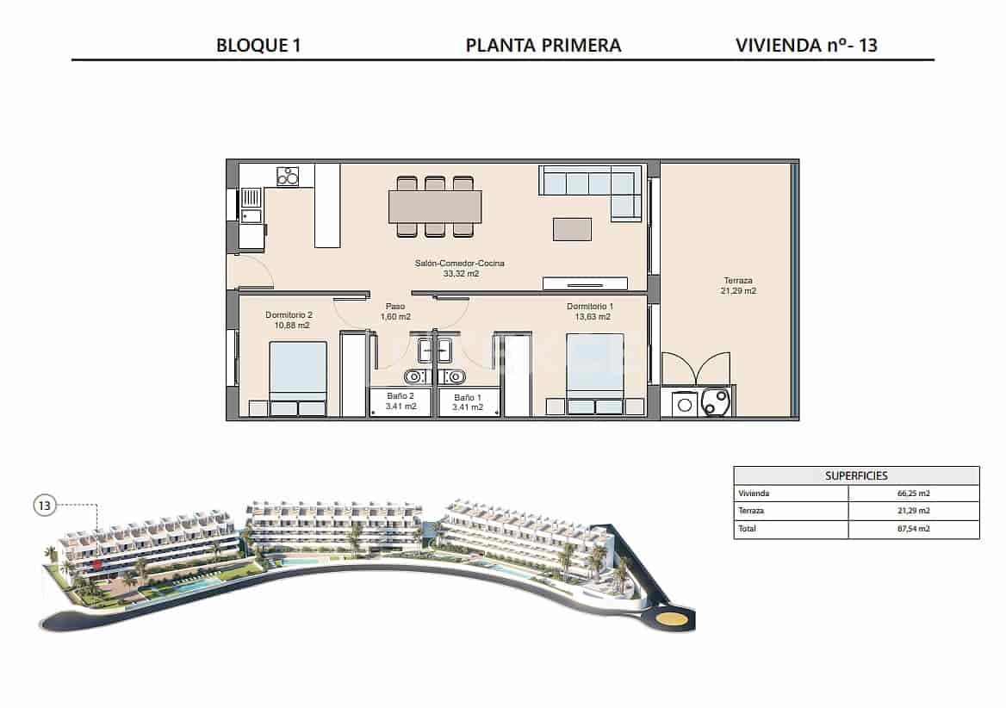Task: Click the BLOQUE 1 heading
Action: pyautogui.click(x=258, y=45)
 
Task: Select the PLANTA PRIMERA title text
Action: pyautogui.click(x=543, y=45)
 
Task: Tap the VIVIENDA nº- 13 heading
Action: pyautogui.click(x=806, y=45)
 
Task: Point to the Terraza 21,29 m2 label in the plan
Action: pyautogui.click(x=738, y=286)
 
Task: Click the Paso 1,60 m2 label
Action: pyautogui.click(x=395, y=311)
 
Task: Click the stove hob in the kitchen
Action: pyautogui.click(x=288, y=176)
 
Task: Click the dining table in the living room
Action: pyautogui.click(x=435, y=207)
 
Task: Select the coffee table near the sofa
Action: pyautogui.click(x=573, y=228)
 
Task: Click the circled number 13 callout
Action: pyautogui.click(x=45, y=506)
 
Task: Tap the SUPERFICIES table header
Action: pyautogui.click(x=856, y=475)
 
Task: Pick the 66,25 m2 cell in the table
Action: pyautogui.click(x=913, y=494)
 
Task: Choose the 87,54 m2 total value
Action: pyautogui.click(x=913, y=529)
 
